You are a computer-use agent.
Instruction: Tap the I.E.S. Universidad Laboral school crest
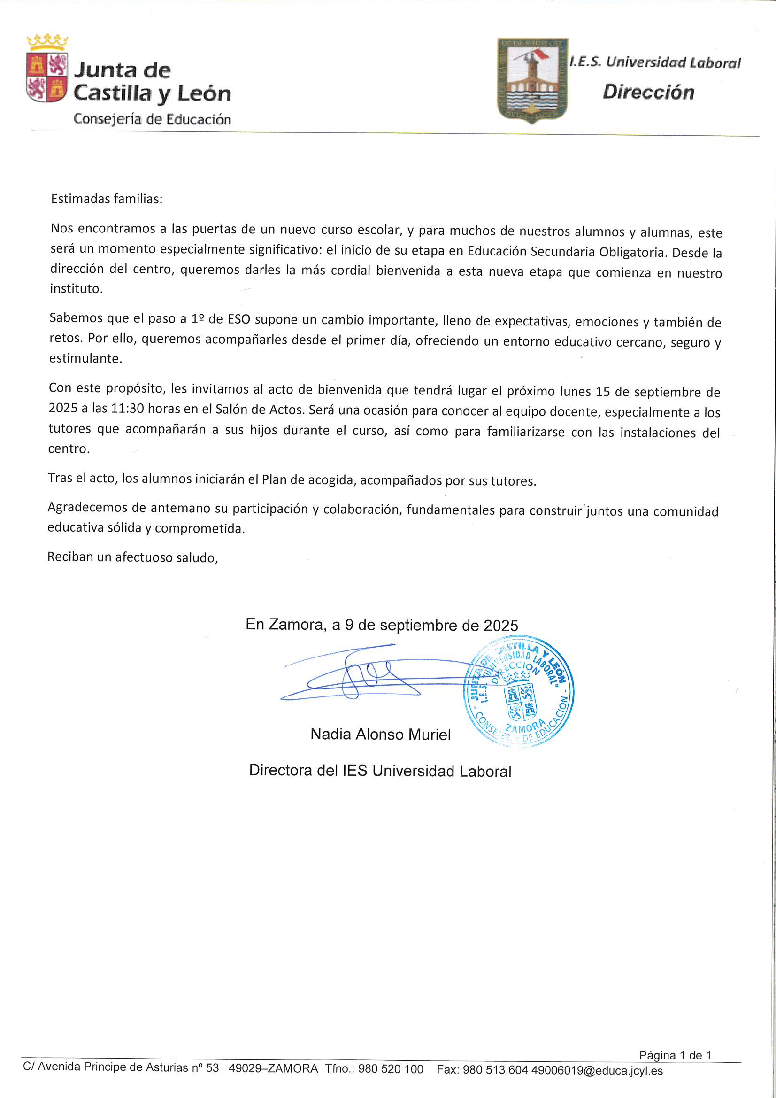(532, 79)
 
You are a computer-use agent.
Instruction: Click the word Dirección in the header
(648, 93)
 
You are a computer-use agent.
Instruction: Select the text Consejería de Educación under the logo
(152, 119)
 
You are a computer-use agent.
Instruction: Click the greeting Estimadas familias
(107, 199)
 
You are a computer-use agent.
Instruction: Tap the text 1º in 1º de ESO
(198, 319)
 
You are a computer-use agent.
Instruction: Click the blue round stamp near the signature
(519, 691)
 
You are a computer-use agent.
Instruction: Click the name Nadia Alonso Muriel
(380, 734)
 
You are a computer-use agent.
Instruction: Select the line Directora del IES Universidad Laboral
(380, 771)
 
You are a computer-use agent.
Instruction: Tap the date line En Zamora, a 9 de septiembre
(382, 625)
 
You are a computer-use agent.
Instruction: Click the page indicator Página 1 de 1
(675, 1055)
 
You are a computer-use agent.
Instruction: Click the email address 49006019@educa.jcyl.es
(597, 1070)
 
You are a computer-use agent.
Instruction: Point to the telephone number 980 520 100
(390, 1069)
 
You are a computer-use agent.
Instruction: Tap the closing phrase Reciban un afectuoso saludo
(132, 557)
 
